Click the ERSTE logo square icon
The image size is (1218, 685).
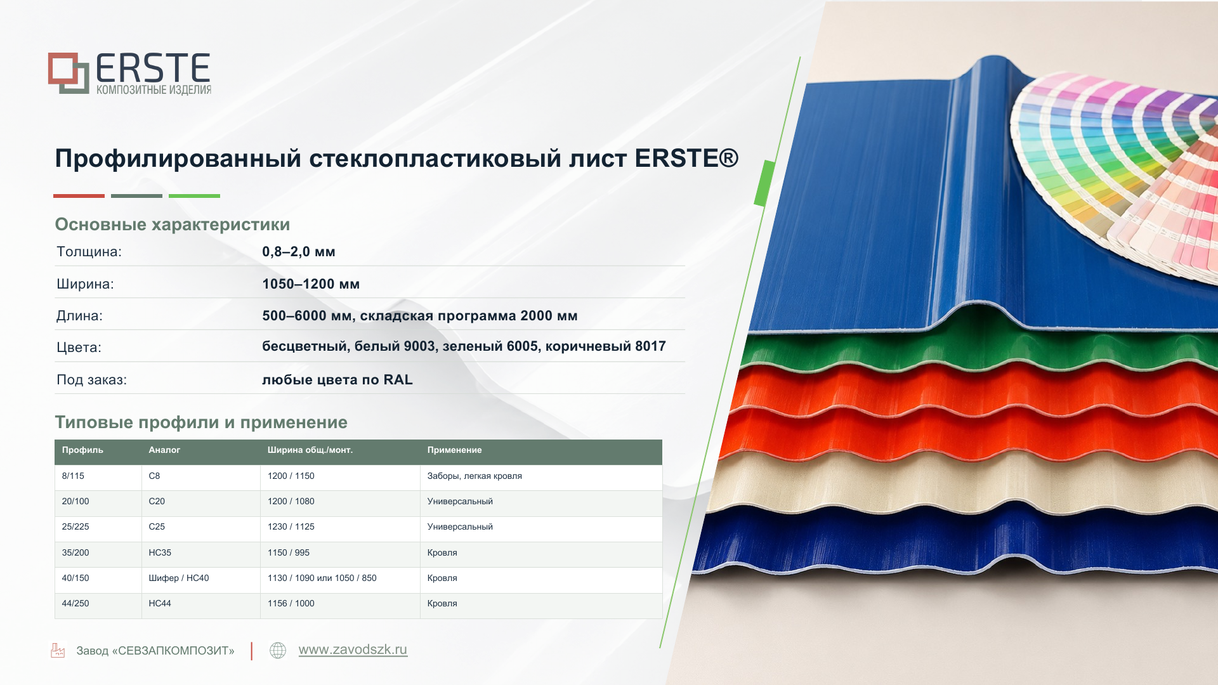coord(69,73)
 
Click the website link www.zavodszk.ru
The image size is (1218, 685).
coord(353,649)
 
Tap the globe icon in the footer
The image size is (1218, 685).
coord(278,650)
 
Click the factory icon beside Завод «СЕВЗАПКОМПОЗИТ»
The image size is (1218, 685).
coord(58,650)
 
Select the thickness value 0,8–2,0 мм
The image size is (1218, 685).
coord(299,252)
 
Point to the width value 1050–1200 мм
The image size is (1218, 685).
coord(311,284)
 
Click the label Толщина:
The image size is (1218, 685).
coord(89,252)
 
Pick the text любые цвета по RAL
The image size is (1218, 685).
coord(337,380)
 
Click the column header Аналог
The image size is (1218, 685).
coord(164,450)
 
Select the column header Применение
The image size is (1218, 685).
coord(454,450)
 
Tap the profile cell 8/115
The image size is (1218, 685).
coord(73,476)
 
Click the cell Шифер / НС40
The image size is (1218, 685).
coord(179,578)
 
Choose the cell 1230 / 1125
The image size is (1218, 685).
coord(291,526)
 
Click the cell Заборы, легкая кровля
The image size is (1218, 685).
coord(475,476)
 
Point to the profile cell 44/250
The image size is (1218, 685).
coord(75,603)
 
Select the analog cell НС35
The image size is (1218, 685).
coord(160,552)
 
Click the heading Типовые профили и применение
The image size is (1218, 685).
coord(201,422)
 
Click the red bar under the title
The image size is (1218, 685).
coord(79,196)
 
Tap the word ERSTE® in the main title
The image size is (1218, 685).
coord(686,159)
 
